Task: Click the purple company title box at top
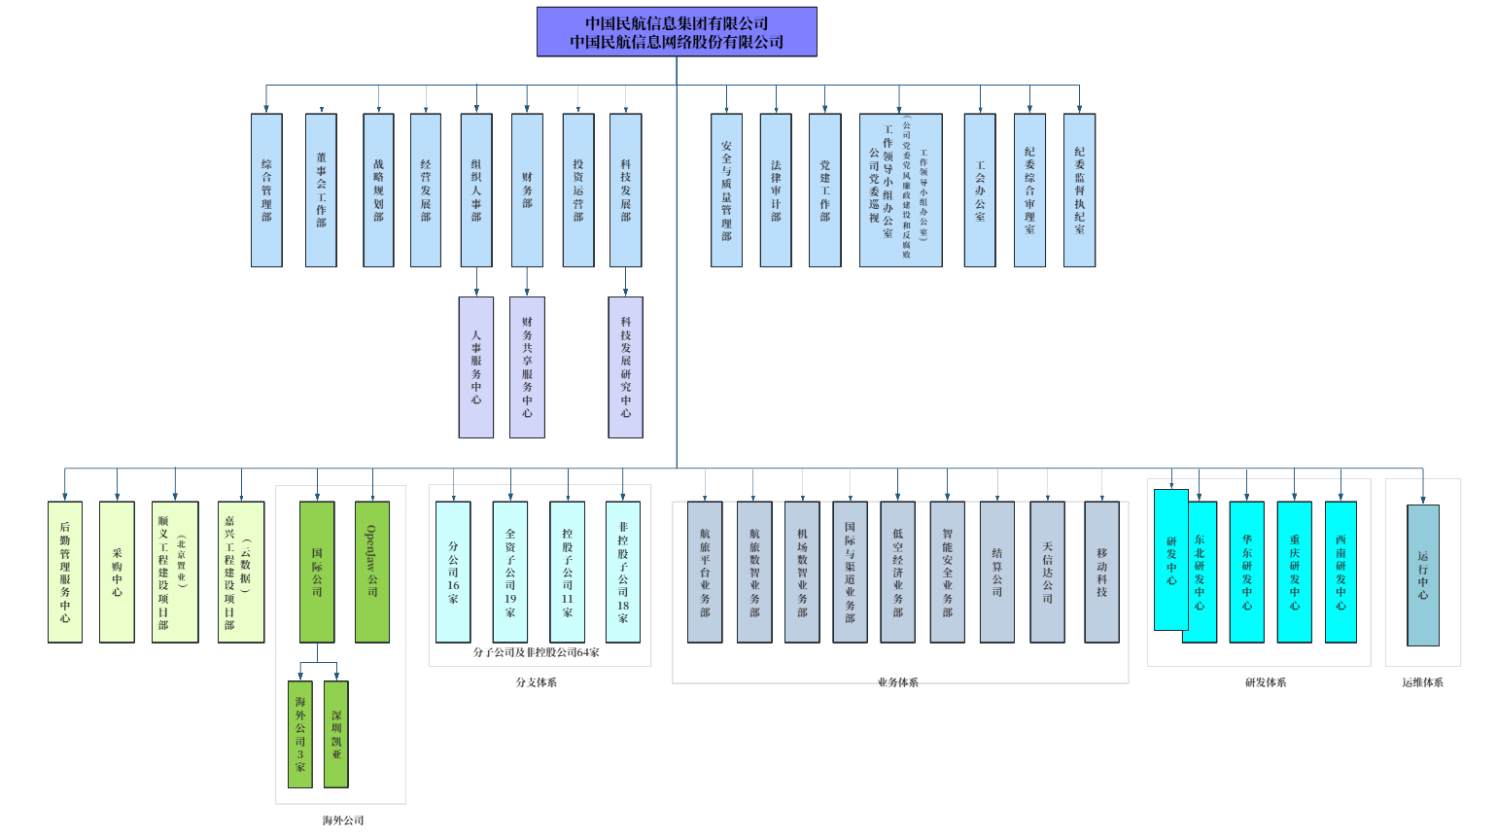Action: pyautogui.click(x=677, y=32)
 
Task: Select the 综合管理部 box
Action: pyautogui.click(x=266, y=191)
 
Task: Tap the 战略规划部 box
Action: pyautogui.click(x=378, y=191)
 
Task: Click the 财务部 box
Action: pyautogui.click(x=527, y=191)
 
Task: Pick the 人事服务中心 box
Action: pyautogui.click(x=476, y=367)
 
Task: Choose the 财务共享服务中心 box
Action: pyautogui.click(x=527, y=367)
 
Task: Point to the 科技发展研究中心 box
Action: pyautogui.click(x=626, y=367)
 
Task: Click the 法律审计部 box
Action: pyautogui.click(x=776, y=191)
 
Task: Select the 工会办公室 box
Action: pyautogui.click(x=980, y=191)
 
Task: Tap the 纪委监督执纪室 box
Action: pyautogui.click(x=1079, y=191)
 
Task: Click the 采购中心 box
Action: pyautogui.click(x=117, y=573)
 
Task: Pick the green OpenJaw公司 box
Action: pyautogui.click(x=372, y=573)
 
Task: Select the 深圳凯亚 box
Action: pyautogui.click(x=336, y=734)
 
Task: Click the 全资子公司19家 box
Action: pyautogui.click(x=510, y=573)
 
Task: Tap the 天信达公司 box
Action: pyautogui.click(x=1048, y=573)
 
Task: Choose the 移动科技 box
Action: pyautogui.click(x=1102, y=573)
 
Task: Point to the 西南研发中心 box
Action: pyautogui.click(x=1341, y=573)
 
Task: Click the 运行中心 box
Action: pyautogui.click(x=1423, y=575)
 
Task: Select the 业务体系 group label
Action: pyautogui.click(x=897, y=682)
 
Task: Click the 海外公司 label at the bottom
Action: pyautogui.click(x=343, y=820)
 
